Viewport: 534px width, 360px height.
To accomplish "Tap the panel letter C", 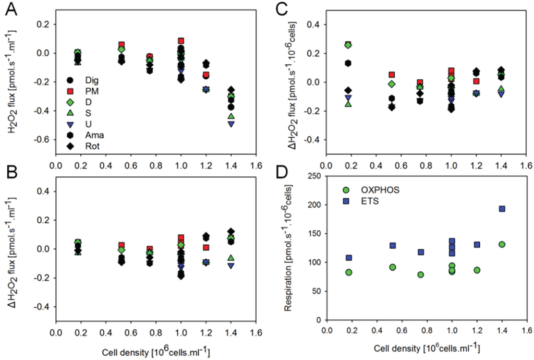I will (x=284, y=9).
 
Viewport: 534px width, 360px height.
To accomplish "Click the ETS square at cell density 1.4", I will (x=502, y=209).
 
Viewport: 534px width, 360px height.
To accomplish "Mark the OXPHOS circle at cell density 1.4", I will (x=502, y=244).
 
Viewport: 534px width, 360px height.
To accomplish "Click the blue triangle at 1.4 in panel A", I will (x=230, y=124).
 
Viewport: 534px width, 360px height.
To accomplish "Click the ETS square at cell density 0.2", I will (x=349, y=258).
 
